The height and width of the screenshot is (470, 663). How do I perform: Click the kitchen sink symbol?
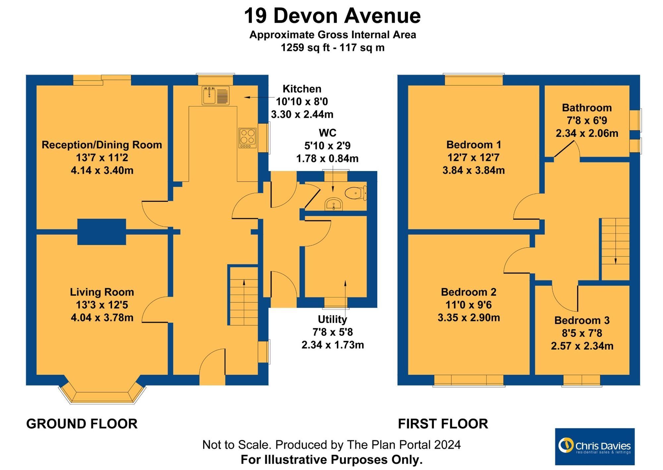215,95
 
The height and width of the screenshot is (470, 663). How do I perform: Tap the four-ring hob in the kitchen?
248,138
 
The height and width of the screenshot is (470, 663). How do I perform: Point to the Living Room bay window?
102,395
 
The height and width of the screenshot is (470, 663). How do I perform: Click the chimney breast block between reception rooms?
101,232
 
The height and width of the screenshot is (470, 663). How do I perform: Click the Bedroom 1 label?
473,145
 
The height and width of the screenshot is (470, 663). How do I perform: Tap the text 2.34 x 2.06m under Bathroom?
587,133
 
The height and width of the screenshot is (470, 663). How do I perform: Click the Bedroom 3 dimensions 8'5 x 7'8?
582,333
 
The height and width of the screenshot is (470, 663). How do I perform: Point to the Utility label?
332,319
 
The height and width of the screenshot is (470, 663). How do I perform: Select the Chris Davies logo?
595,446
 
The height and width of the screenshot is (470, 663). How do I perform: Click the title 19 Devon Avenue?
332,16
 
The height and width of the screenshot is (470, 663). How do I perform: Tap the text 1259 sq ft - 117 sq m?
332,47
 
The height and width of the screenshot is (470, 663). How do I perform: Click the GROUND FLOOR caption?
82,424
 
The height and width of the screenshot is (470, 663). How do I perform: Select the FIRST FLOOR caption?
443,424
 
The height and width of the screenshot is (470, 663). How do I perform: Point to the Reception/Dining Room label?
102,145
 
